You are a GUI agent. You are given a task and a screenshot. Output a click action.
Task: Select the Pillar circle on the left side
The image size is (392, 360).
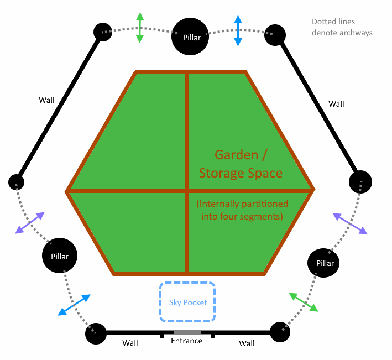(60, 257)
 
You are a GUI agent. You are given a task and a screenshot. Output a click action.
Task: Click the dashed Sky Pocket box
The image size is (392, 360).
(187, 302)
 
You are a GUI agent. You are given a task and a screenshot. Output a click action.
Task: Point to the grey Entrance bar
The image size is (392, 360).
(187, 332)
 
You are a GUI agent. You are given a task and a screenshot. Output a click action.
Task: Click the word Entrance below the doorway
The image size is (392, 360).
(187, 341)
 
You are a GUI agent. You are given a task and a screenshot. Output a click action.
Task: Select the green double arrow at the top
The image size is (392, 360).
(140, 28)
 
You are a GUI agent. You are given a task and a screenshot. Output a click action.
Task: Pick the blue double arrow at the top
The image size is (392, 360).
(238, 30)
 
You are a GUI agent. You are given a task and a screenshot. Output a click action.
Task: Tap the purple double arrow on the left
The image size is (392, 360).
(30, 223)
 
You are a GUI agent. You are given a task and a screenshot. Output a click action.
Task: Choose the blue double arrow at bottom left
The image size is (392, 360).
(74, 305)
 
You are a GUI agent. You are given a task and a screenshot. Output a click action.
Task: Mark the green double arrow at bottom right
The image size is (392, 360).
(304, 302)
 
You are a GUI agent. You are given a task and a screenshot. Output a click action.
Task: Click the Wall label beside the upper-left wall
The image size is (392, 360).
(46, 100)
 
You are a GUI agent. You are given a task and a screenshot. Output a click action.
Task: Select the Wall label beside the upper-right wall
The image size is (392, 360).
(336, 104)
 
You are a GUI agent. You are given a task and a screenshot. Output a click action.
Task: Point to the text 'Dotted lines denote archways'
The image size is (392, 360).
(342, 28)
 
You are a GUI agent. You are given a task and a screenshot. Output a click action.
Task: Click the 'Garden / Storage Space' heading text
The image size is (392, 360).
(241, 164)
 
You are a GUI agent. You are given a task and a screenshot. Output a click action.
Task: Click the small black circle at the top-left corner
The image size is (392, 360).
(103, 32)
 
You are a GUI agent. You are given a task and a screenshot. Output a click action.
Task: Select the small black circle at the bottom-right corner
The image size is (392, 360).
(280, 332)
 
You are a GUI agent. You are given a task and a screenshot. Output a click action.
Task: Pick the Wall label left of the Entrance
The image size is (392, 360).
(130, 343)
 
